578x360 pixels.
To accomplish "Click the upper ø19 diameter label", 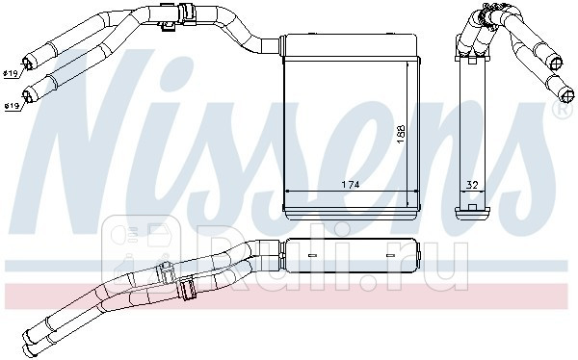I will coord(11,72).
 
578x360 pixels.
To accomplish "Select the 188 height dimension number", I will coord(401,136).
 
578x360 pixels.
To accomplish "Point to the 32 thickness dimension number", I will coord(471,184).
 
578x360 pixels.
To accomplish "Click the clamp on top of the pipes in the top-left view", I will coord(170,14).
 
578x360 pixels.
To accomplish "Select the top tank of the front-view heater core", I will coord(348,42).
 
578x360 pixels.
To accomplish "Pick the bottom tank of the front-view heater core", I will coord(348,205).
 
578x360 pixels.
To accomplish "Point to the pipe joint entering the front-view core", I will coord(273,43).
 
